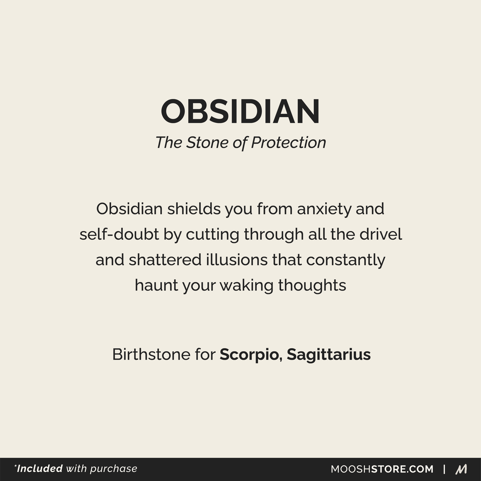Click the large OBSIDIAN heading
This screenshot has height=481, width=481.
coord(240,111)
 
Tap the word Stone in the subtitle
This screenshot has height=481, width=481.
coord(207,142)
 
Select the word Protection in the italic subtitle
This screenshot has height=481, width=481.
coord(289,142)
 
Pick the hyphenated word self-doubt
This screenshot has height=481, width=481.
coord(119,235)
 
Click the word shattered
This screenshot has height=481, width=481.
coord(165,260)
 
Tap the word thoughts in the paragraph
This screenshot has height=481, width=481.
coord(312,286)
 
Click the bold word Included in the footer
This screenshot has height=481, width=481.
coord(40,468)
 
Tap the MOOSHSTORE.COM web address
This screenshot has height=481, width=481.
coord(382,469)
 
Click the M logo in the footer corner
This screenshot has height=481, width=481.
coord(461,469)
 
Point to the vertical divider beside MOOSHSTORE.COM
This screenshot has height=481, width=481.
coord(444,469)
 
